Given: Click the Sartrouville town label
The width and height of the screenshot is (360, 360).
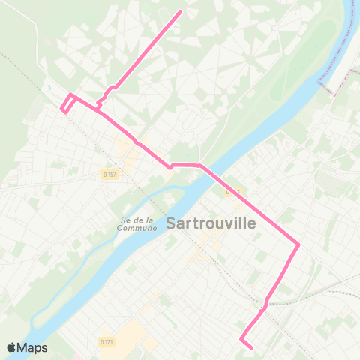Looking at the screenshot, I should click(x=211, y=223).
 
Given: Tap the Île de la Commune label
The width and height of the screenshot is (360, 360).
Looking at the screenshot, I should click(x=136, y=224).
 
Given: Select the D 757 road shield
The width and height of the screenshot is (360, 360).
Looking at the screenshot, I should click(x=110, y=175).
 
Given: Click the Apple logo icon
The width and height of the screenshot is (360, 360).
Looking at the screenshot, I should click(x=12, y=347).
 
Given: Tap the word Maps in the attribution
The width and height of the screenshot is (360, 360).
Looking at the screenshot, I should click(x=33, y=347).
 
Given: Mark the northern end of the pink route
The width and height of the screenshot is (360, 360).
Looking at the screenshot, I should click(x=180, y=12).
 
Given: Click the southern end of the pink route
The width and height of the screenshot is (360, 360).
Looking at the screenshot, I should click(x=251, y=347).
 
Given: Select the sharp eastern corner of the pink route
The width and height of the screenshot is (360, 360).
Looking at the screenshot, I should click(x=298, y=244).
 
